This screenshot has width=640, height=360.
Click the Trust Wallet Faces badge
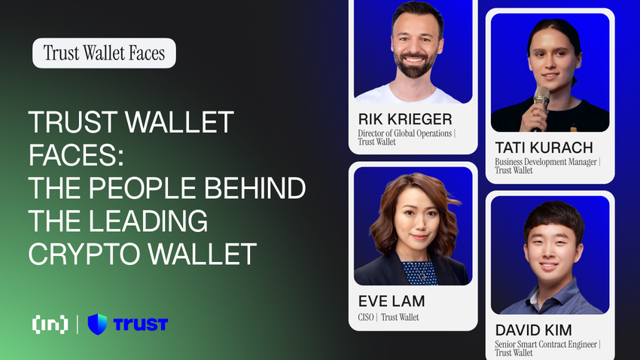coord(104,53)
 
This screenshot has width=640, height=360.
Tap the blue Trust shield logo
coord(98,325)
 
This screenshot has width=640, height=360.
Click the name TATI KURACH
coord(544,147)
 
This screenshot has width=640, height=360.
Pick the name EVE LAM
coord(392,301)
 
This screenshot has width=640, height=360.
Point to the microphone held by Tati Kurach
coord(541,101)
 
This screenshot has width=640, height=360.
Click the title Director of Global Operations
coord(405,133)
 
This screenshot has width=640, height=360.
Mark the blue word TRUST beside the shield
coord(140,325)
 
